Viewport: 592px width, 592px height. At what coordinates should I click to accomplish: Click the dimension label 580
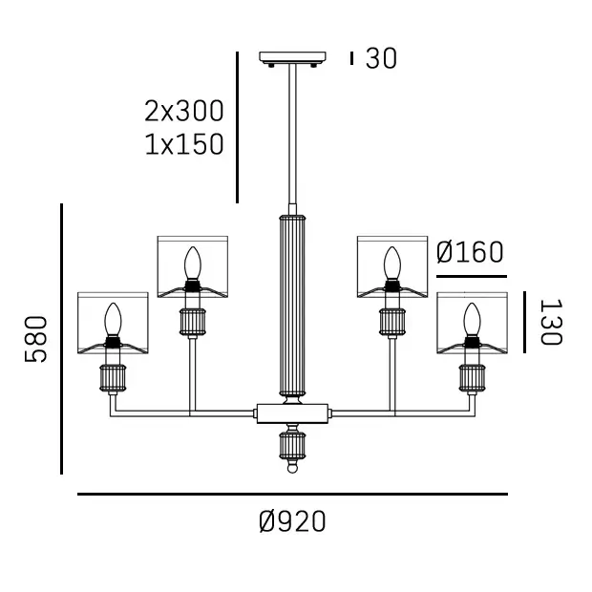36,339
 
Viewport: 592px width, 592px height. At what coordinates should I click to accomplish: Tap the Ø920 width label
292,521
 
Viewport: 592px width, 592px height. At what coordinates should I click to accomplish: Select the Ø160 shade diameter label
470,252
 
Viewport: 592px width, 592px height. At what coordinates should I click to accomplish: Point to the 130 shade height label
551,322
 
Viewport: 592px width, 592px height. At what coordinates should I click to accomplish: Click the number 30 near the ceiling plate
381,58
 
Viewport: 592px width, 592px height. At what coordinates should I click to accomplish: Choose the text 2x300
184,111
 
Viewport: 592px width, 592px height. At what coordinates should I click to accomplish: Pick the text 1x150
184,144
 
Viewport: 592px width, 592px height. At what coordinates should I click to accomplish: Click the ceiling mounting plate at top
292,57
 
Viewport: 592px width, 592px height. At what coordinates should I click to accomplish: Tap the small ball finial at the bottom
292,469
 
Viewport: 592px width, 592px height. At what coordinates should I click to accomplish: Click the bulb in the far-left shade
113,320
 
